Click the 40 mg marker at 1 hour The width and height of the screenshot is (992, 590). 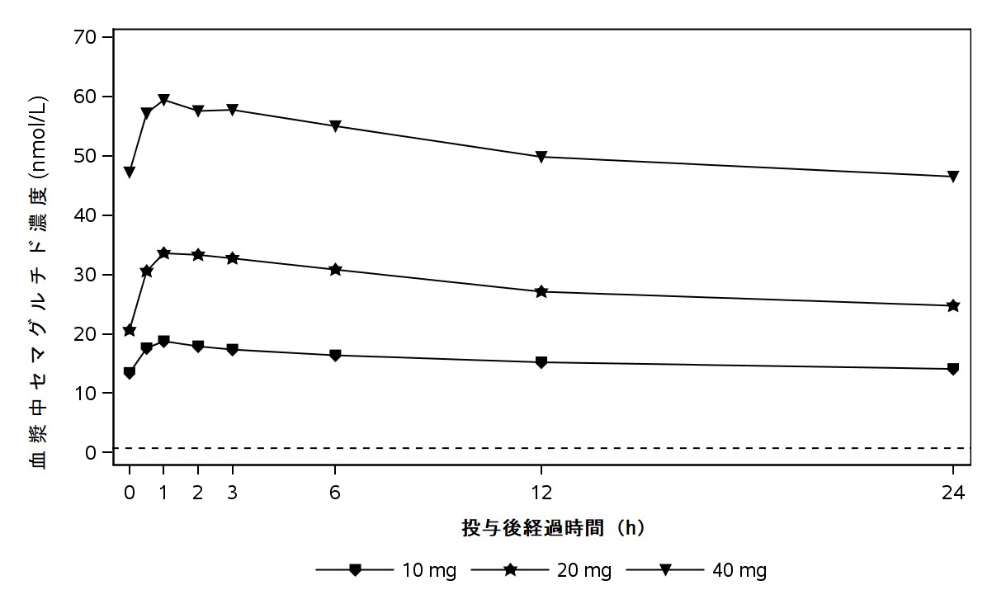(x=163, y=100)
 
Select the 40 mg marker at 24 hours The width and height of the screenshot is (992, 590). (x=953, y=177)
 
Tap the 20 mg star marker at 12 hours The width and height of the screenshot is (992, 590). (x=541, y=291)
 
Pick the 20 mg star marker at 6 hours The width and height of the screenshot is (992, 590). (x=335, y=270)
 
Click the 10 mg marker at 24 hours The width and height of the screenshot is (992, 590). (x=953, y=369)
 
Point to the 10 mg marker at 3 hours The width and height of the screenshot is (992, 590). (x=233, y=349)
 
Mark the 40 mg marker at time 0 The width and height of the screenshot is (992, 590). (x=130, y=172)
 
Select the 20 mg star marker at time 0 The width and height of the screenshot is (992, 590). (x=130, y=330)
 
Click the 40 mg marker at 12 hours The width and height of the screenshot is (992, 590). (x=541, y=157)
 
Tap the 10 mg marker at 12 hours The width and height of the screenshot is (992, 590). (x=541, y=362)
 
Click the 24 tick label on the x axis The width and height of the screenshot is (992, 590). (x=953, y=493)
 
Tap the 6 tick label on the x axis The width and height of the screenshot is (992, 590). (x=335, y=493)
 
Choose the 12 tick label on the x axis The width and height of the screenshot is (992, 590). (x=541, y=493)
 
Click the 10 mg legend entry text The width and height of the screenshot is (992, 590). (x=429, y=570)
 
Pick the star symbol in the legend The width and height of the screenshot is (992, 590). (x=510, y=569)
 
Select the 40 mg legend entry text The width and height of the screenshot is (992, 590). (x=740, y=570)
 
